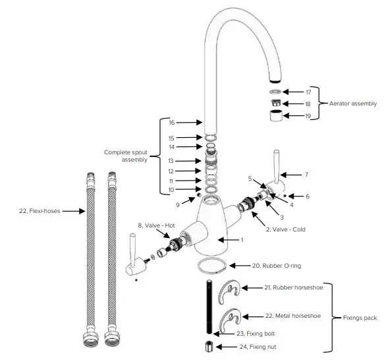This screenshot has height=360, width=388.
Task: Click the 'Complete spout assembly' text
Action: [125, 156]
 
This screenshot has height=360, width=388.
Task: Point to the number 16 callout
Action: [171, 123]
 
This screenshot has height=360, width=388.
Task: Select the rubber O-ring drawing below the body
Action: [213, 264]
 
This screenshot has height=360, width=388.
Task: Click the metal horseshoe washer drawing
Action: [231, 318]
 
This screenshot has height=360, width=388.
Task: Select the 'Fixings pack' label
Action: [360, 318]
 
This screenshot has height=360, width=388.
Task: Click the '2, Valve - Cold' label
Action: [285, 229]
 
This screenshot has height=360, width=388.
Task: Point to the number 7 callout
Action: [306, 175]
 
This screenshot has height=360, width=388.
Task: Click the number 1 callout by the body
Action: [242, 240]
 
